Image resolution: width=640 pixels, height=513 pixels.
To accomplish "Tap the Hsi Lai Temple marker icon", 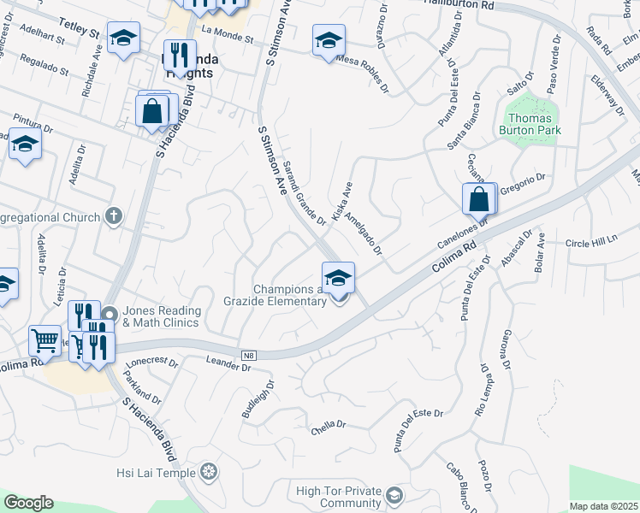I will [209, 472].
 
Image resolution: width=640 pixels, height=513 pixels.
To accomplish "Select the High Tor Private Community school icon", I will [394, 496].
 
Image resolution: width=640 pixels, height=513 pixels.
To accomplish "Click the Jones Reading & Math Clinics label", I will [162, 316].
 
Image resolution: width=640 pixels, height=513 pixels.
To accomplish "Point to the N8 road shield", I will [249, 354].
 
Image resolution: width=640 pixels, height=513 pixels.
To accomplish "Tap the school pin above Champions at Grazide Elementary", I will [338, 277].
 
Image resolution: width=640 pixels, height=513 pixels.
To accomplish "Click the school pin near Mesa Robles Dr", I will [329, 41].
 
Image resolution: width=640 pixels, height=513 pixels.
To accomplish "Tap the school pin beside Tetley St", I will [124, 38].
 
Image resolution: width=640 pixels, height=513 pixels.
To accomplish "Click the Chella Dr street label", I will [329, 424].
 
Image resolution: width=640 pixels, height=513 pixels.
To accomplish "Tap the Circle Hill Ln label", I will [590, 242].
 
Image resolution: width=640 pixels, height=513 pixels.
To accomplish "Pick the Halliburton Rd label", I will [459, 5].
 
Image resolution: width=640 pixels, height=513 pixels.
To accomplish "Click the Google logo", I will [28, 503].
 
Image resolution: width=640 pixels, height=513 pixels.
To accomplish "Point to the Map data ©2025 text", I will [603, 506].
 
